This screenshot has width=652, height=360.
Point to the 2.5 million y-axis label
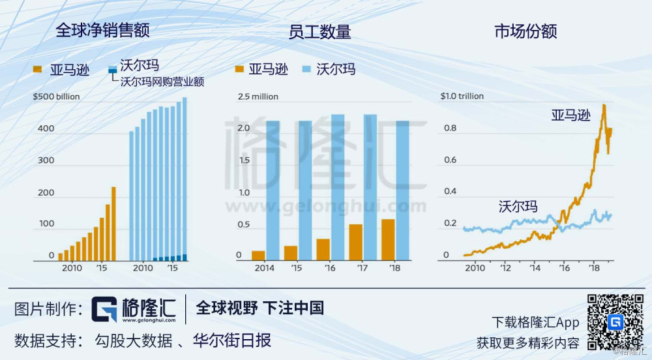[x=258, y=97]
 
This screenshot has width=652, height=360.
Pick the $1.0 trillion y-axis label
[x=462, y=97]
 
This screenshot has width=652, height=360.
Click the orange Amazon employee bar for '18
[x=388, y=239]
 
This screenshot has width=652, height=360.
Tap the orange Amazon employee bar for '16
[x=323, y=249]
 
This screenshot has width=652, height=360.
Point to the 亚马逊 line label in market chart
[x=570, y=116]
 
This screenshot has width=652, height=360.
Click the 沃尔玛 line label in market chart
[x=518, y=207]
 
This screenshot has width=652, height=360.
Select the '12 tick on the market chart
[x=505, y=268]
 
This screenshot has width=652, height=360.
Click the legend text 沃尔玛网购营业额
[x=162, y=82]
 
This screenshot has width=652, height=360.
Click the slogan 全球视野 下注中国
[x=259, y=308]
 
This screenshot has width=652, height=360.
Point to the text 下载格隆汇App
[x=535, y=322]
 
